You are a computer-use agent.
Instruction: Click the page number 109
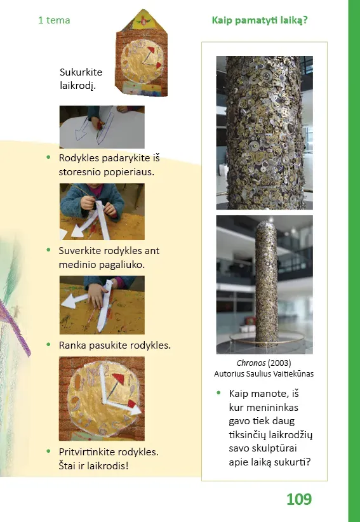click(x=299, y=499)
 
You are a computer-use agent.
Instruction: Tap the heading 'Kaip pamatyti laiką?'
click(x=260, y=20)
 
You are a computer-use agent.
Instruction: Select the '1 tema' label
click(x=54, y=20)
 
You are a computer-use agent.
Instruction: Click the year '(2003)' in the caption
click(x=279, y=363)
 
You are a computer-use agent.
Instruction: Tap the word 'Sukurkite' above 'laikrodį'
click(x=81, y=72)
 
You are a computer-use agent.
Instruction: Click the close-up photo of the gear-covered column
click(x=265, y=133)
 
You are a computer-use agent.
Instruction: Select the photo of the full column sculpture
click(x=265, y=284)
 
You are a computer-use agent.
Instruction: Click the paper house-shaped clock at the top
click(x=142, y=53)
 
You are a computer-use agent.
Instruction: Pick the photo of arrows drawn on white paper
click(x=102, y=127)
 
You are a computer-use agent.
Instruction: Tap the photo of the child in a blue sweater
click(x=102, y=211)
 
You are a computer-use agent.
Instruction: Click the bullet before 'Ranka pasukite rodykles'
click(x=49, y=344)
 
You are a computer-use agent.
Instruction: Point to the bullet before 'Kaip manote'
click(x=218, y=393)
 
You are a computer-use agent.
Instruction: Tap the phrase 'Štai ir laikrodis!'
click(x=93, y=465)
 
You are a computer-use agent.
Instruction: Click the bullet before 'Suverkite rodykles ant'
click(x=49, y=250)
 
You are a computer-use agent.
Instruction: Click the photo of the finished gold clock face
click(x=102, y=399)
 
